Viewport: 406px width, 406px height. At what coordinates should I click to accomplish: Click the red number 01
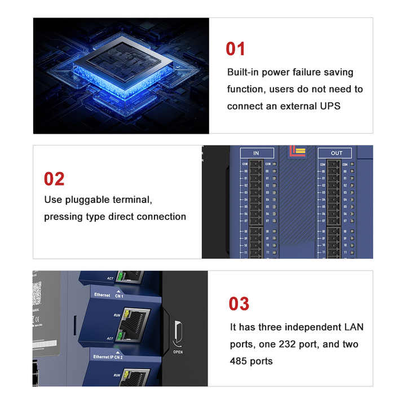[x=236, y=49]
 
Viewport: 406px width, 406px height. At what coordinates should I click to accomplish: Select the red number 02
[x=54, y=179]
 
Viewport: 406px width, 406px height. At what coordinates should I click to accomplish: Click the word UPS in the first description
[x=329, y=106]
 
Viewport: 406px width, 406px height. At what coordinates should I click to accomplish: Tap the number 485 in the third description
[x=238, y=361]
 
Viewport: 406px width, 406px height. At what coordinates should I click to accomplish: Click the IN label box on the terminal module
[x=256, y=153]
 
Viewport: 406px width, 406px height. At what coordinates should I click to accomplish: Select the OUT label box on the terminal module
[x=336, y=153]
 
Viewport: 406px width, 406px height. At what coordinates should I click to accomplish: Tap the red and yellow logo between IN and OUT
[x=297, y=151]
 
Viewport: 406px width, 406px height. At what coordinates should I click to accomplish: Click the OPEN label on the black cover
[x=178, y=352]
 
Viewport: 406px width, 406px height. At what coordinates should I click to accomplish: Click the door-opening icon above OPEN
[x=177, y=334]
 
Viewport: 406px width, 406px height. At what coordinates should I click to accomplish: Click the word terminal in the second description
[x=134, y=200]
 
